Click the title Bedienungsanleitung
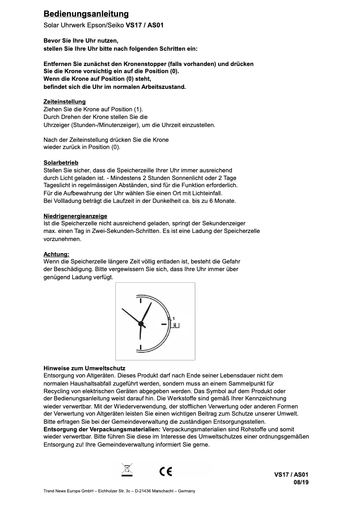click(86, 14)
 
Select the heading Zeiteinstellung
click(64, 102)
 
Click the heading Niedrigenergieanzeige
click(75, 216)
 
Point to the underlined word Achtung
click(56, 254)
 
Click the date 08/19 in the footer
click(301, 483)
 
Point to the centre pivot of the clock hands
click(141, 324)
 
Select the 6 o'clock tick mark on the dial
click(141, 347)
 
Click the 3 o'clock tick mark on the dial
click(163, 324)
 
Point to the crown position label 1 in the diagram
click(173, 318)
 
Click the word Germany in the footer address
click(187, 491)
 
